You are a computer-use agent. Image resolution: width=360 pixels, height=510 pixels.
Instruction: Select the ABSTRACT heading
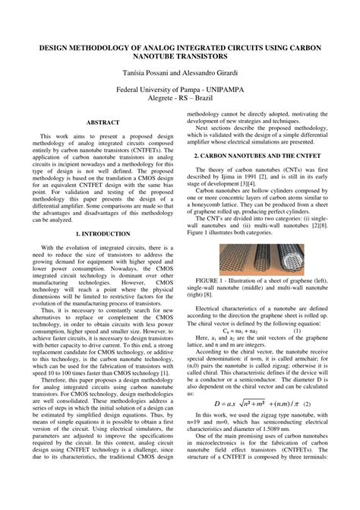(103, 122)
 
